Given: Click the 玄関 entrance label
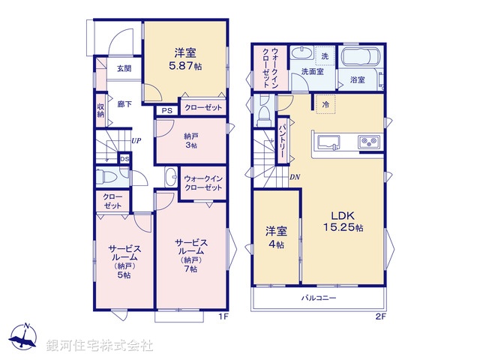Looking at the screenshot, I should click(x=123, y=69).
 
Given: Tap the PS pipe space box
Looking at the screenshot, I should click(x=166, y=109).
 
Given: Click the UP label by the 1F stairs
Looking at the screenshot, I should click(x=136, y=140).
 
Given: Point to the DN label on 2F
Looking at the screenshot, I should click(x=295, y=177).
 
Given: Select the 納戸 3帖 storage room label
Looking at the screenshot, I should click(x=191, y=140).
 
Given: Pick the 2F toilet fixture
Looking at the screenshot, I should click(x=264, y=113).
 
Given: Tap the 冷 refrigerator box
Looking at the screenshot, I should click(x=325, y=104).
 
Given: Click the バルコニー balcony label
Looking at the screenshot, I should click(x=319, y=298).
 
